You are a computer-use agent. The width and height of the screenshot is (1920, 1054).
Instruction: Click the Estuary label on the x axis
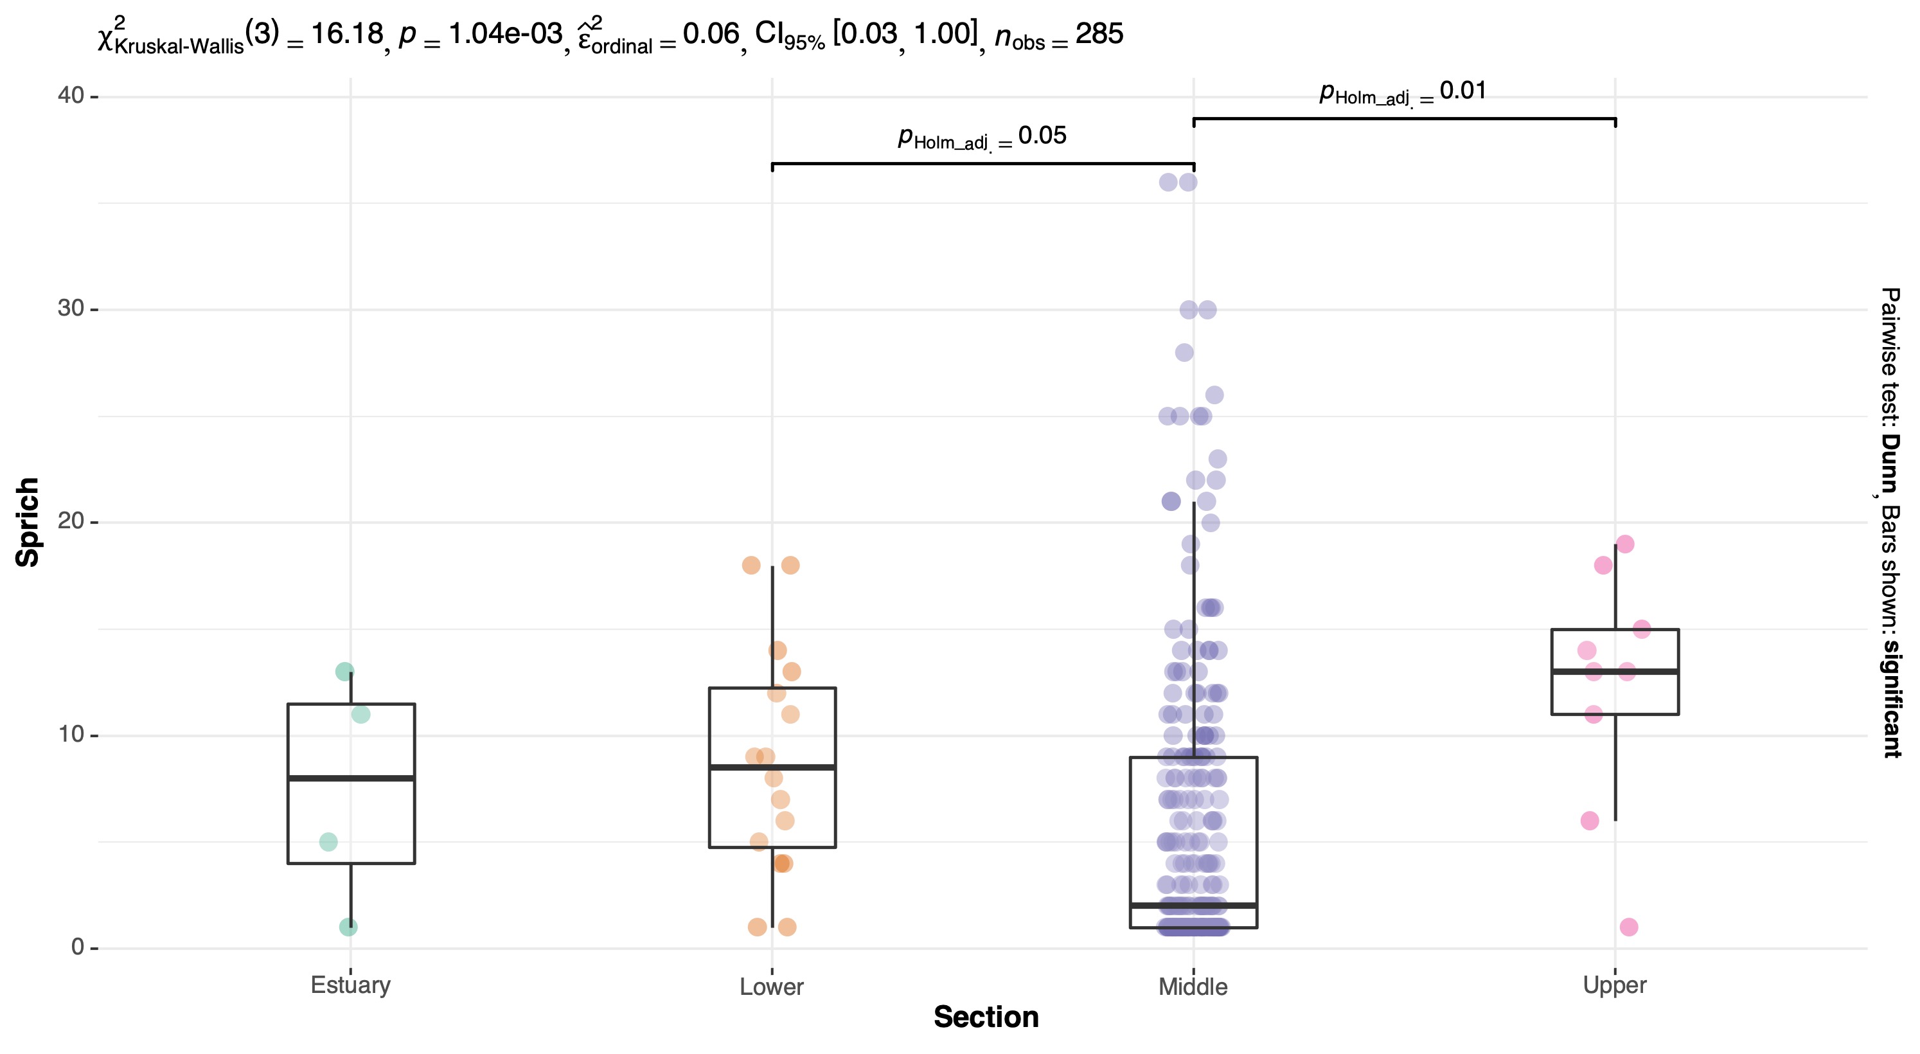pos(350,985)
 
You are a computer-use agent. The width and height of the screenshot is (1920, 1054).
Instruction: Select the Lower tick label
pos(772,987)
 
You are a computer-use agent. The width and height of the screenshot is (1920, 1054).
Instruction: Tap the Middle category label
pos(1193,987)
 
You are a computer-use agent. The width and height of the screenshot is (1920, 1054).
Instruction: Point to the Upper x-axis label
pos(1614,985)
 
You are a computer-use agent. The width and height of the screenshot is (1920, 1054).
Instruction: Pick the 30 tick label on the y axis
pos(71,308)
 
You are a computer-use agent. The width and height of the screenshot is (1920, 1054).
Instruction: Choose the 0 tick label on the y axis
pos(78,947)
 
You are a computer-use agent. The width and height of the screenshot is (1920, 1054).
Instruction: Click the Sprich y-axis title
pos(28,522)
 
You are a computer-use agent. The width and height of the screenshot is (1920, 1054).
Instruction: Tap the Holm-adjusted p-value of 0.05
pos(1042,136)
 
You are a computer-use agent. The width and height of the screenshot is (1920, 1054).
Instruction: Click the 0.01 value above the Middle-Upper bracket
pos(1462,91)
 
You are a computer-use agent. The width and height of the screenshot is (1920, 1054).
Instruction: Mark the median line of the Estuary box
pos(351,778)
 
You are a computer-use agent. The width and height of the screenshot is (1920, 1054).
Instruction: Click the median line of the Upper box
pos(1614,672)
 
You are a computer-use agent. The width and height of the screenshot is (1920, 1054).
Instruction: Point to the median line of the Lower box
pos(772,767)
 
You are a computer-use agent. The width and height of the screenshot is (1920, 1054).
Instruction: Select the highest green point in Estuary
pos(344,672)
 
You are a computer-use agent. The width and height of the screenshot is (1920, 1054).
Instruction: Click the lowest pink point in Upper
pos(1628,927)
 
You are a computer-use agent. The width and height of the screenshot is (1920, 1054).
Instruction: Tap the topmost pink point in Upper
pos(1625,544)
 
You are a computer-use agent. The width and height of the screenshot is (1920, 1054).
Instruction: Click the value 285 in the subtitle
pos(1099,34)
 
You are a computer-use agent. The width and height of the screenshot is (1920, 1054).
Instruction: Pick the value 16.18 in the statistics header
pos(346,34)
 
